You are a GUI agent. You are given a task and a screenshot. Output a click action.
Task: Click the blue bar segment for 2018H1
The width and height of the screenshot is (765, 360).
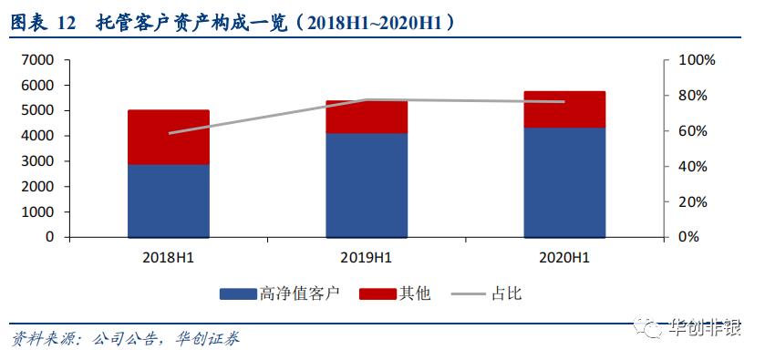pos(169,201)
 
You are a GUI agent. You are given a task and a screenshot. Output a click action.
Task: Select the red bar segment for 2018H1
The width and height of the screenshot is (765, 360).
pos(169,137)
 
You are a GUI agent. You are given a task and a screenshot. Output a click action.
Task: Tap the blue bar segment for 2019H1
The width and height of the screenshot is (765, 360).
pos(367,185)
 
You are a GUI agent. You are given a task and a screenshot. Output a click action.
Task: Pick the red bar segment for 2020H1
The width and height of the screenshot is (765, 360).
pos(565,109)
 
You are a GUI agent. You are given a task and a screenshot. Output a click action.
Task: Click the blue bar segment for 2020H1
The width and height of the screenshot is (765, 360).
pos(565,182)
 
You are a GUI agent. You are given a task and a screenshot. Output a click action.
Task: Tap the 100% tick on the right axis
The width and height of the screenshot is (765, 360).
pos(698,60)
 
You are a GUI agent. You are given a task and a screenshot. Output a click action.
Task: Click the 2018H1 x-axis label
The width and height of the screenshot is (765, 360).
pos(169,257)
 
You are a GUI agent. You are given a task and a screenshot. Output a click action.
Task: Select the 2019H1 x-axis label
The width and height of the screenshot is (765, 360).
pos(367,257)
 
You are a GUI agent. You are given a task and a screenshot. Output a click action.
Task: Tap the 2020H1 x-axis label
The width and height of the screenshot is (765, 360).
pos(565,257)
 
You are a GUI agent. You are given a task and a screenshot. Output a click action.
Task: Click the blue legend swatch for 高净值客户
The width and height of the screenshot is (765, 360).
pos(237,294)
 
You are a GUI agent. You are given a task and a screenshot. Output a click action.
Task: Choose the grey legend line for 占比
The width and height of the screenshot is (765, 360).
pos(469,294)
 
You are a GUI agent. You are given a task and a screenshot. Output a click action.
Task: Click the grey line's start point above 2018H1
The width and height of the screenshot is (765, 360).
pos(170,133)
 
